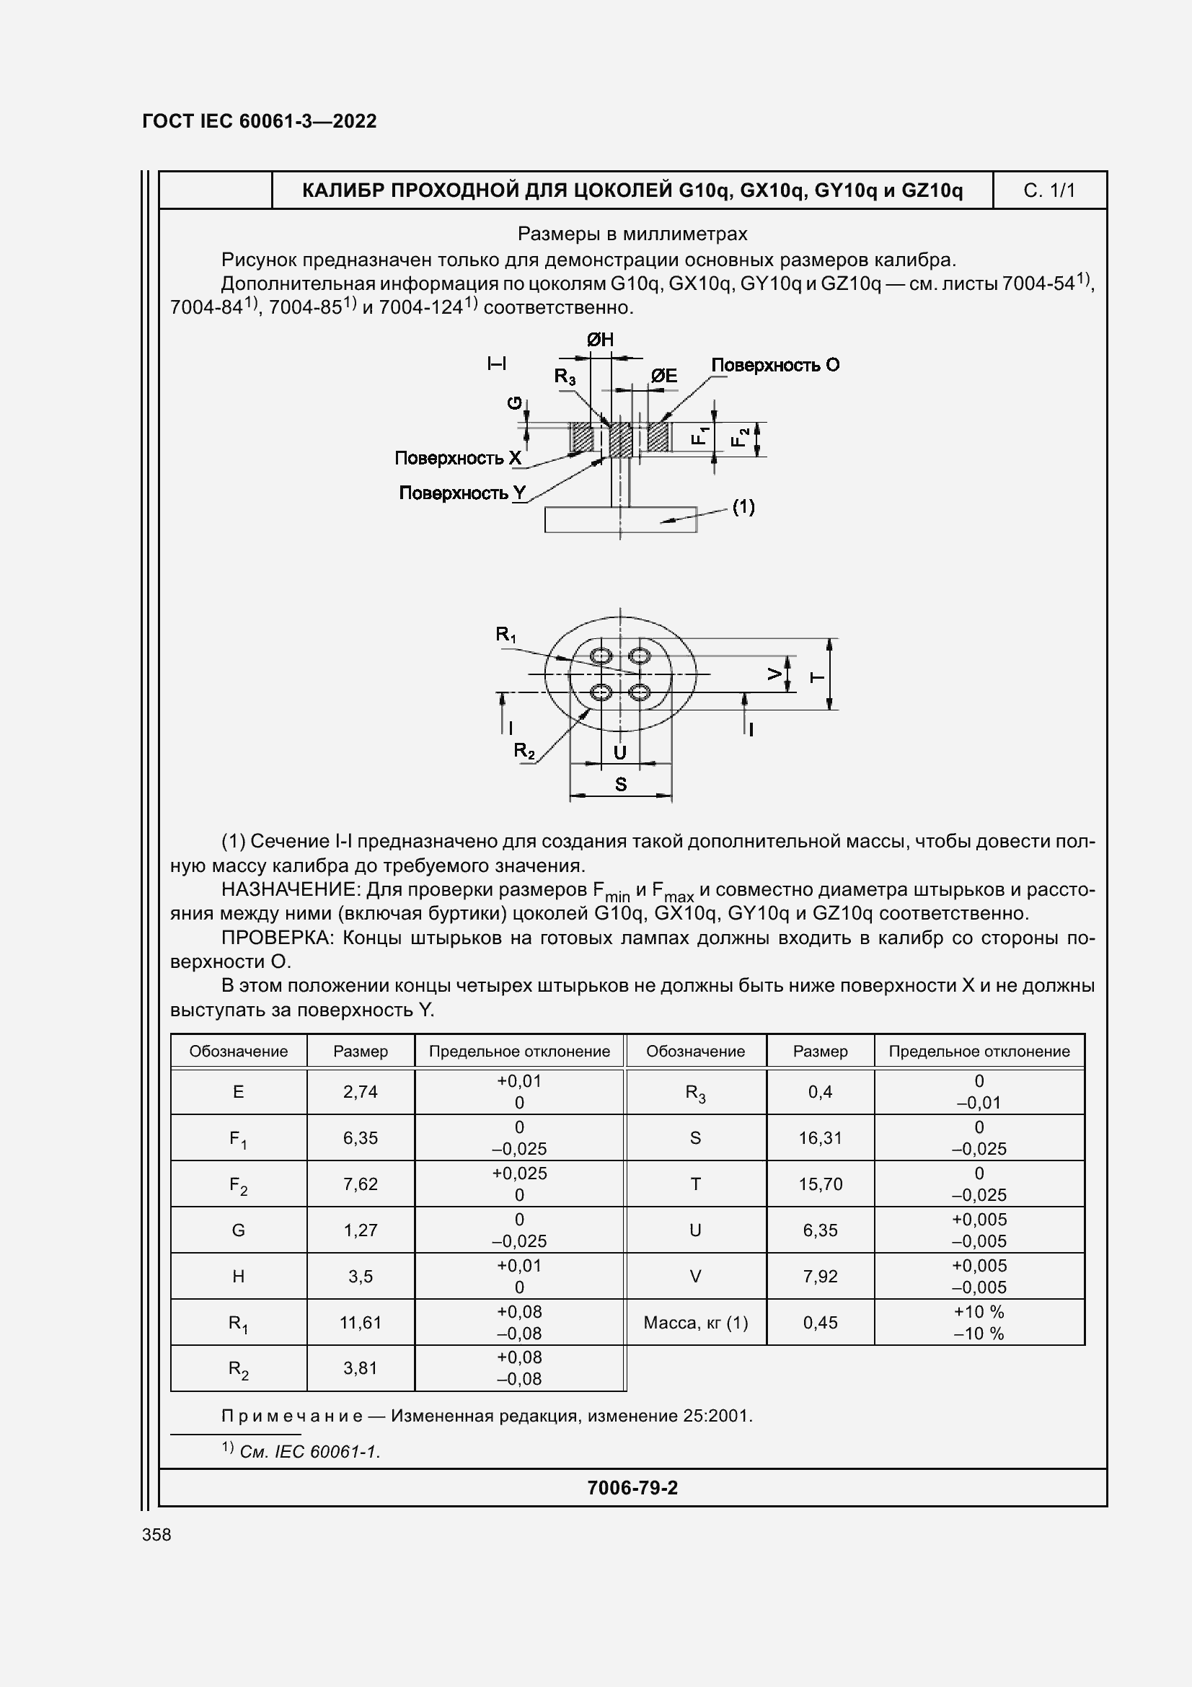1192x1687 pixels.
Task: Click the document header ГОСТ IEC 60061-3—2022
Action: pos(260,121)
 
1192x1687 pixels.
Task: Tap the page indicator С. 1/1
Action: pos(1048,191)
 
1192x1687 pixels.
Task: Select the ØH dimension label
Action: pos(600,340)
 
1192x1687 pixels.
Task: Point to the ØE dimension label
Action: pos(664,376)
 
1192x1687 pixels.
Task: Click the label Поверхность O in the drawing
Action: pos(775,365)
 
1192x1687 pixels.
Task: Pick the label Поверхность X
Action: pos(458,459)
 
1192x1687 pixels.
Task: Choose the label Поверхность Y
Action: pos(462,493)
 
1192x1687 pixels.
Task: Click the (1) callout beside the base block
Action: pos(743,507)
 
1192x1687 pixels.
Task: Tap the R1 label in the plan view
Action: pos(506,634)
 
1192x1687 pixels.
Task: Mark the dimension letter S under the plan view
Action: pos(621,785)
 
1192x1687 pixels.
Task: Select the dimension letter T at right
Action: pos(817,677)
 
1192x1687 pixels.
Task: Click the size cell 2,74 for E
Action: pos(360,1092)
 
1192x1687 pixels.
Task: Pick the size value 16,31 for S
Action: pos(821,1138)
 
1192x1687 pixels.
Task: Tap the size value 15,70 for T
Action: pos(821,1184)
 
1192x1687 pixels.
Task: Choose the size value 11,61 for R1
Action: pos(360,1323)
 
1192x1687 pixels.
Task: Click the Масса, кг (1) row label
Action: pos(696,1323)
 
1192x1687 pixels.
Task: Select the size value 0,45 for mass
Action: pos(821,1323)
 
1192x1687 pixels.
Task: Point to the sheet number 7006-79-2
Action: pos(632,1488)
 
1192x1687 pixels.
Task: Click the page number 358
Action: pos(156,1535)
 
